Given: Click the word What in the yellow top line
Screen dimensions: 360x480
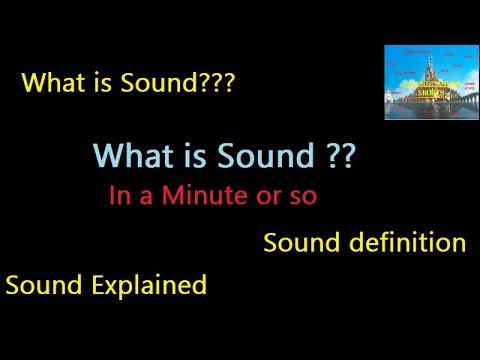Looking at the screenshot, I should point(51,83).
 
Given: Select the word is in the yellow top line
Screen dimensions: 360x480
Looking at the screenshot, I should point(98,83).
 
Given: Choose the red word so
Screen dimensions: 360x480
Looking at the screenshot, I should point(303,197).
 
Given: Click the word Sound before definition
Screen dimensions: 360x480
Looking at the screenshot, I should point(298,243).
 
